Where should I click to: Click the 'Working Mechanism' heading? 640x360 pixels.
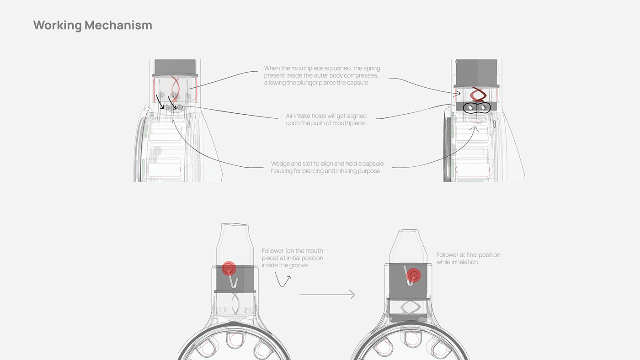92,25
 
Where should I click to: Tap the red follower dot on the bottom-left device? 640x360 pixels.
228,269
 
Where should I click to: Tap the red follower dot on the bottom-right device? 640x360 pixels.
414,275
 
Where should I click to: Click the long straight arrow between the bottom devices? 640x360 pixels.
326,295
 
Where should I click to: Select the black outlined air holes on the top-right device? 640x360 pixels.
476,108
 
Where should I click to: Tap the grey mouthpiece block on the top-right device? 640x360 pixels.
475,73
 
